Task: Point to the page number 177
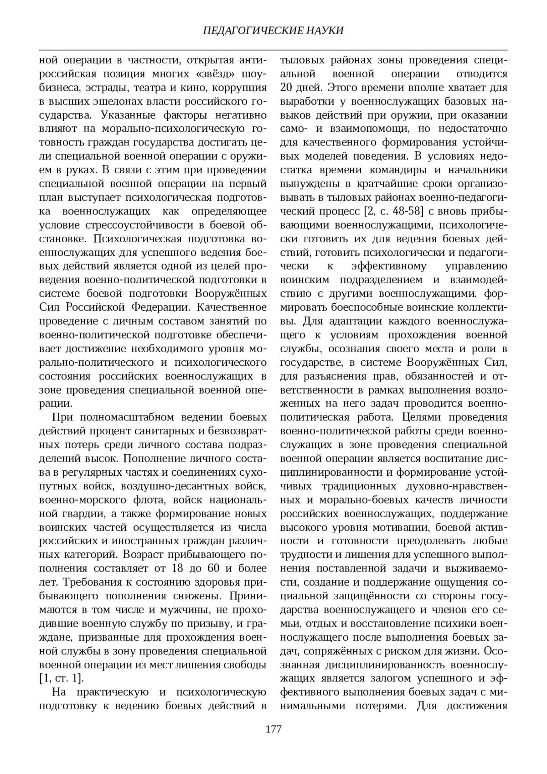tap(273, 728)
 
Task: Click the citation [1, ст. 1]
tap(62, 678)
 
